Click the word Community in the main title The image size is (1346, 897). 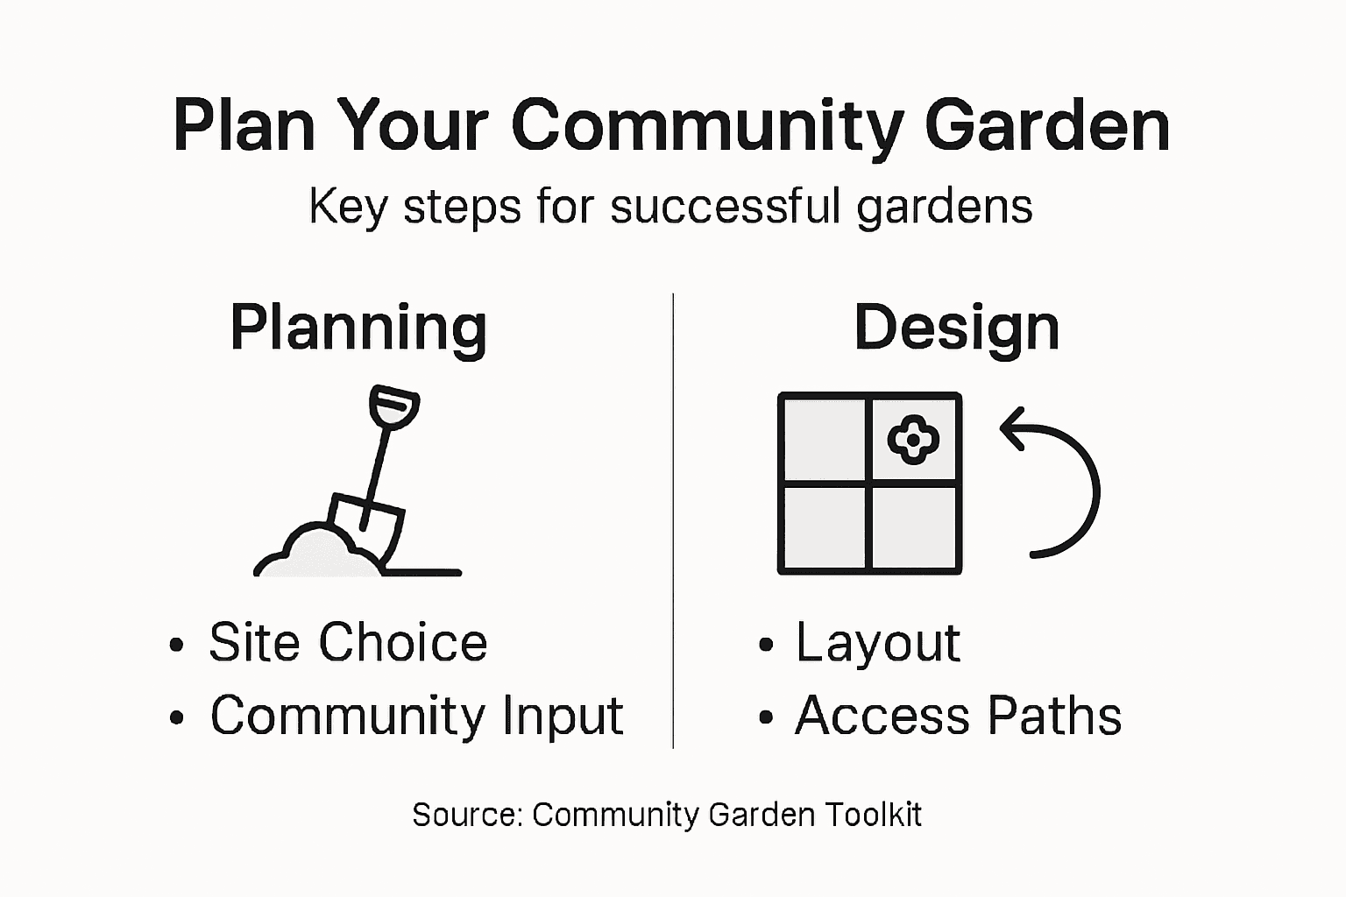706,125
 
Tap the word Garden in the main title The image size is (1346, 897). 1047,125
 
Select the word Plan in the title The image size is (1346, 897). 244,125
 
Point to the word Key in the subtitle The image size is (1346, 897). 348,208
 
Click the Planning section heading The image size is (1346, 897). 358,328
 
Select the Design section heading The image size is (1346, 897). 957,328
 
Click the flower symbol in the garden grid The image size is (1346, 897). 913,439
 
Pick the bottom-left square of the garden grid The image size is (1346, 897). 824,527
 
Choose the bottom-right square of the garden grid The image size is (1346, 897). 914,527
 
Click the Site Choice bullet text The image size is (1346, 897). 348,642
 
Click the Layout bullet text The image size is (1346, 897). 877,642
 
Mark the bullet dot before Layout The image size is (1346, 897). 767,646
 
